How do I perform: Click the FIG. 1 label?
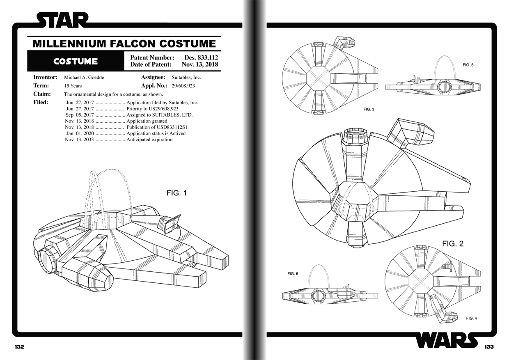(x=177, y=193)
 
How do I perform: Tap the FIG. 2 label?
(x=453, y=244)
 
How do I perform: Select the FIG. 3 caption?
(x=369, y=110)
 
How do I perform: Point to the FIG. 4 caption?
(x=472, y=318)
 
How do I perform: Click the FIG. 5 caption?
(x=468, y=65)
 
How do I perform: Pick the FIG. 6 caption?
(x=293, y=274)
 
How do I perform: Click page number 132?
(x=19, y=347)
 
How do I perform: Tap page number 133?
(x=489, y=347)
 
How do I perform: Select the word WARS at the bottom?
(x=447, y=340)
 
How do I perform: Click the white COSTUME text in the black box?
(x=76, y=62)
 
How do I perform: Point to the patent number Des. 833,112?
(x=201, y=58)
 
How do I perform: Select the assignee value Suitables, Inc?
(x=186, y=77)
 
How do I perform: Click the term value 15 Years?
(x=73, y=86)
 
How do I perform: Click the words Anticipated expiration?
(x=149, y=140)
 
